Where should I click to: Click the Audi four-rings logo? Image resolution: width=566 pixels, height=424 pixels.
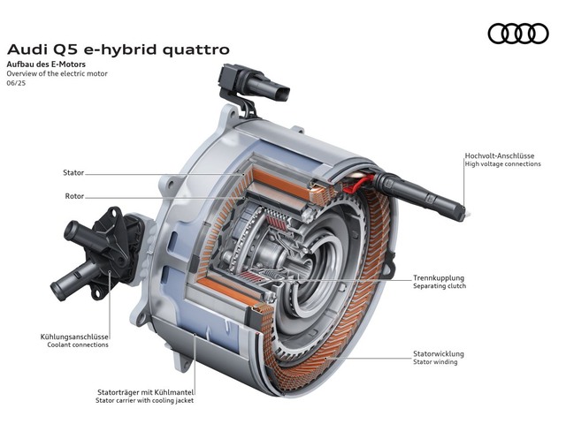click(x=518, y=34)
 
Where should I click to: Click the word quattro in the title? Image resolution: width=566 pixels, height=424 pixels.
click(x=196, y=49)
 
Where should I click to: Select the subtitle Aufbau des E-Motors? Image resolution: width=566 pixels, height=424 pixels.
click(x=46, y=64)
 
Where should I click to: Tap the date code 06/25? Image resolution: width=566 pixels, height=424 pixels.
click(x=16, y=83)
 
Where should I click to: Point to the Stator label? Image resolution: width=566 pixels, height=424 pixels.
click(x=73, y=173)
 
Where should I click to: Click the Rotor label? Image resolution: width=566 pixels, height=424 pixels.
click(x=74, y=196)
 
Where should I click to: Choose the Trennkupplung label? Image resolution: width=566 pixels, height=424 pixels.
click(x=439, y=278)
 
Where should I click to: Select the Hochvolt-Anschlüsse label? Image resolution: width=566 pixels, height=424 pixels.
click(x=500, y=155)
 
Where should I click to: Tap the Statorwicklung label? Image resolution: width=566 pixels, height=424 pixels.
click(x=439, y=353)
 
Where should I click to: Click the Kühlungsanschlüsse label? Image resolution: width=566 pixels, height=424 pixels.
click(x=74, y=337)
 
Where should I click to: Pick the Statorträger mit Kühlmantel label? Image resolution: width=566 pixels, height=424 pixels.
click(x=145, y=392)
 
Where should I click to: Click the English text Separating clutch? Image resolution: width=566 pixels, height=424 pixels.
click(x=440, y=286)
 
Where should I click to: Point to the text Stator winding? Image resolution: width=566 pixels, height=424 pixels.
click(x=435, y=361)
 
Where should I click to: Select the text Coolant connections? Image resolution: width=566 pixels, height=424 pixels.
click(x=78, y=344)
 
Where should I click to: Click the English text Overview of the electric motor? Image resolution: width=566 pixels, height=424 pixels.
click(x=57, y=73)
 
